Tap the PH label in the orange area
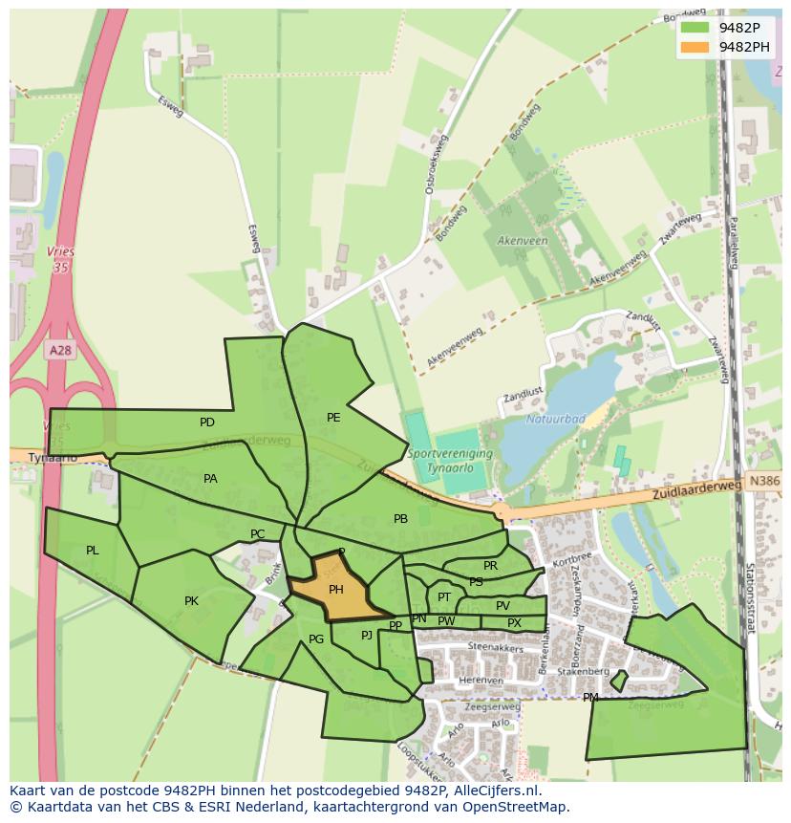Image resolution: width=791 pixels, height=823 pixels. [335, 590]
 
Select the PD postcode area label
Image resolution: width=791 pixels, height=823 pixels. [207, 422]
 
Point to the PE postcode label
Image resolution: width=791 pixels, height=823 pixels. [333, 418]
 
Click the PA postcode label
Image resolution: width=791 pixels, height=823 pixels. [210, 479]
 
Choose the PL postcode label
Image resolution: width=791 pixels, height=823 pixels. [93, 551]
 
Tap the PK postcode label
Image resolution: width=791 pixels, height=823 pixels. [191, 601]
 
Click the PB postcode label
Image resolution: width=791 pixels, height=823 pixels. [400, 519]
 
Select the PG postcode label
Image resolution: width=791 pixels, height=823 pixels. [316, 639]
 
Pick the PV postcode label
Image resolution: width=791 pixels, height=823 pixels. [502, 606]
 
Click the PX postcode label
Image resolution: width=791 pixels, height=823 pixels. [514, 623]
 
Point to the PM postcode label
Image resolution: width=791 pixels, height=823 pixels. [590, 698]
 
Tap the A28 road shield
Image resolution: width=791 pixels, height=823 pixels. [60, 351]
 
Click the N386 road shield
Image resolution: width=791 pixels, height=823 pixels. [764, 483]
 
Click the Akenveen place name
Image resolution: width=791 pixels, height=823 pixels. [523, 241]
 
